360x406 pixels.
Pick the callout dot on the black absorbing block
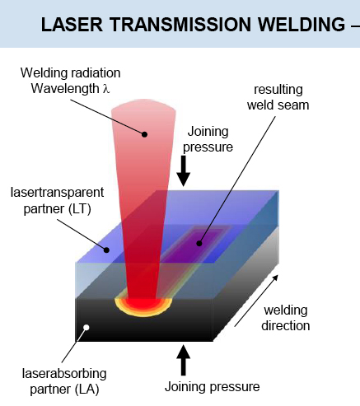coord(86,332)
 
